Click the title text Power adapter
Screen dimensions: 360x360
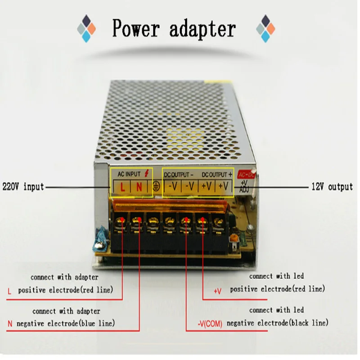pos(174,28)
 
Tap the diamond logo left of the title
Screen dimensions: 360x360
pos(86,28)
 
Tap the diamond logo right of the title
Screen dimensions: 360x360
pos(265,28)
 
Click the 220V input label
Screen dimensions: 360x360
pos(23,186)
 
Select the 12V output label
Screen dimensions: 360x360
pos(332,186)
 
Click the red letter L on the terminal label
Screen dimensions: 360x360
pos(122,187)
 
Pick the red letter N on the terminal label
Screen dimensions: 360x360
pos(139,187)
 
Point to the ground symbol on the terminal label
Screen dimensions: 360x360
pos(156,186)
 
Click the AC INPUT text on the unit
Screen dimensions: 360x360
pos(129,174)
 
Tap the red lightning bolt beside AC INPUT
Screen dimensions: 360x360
pos(147,173)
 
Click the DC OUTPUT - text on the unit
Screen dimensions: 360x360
pos(179,175)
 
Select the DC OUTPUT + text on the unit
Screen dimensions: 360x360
pos(217,175)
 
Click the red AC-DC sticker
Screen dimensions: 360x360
pos(246,175)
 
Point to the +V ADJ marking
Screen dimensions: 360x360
pos(244,186)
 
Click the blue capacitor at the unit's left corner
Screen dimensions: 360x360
pos(100,241)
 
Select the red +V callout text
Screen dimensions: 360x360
pos(217,291)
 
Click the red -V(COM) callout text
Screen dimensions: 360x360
pos(210,324)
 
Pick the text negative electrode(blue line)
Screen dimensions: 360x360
pos(66,324)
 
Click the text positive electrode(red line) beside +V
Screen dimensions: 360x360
pos(278,289)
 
